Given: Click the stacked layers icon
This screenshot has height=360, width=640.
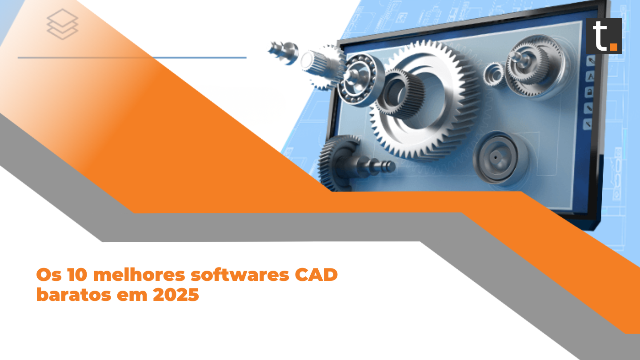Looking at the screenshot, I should pos(63,24).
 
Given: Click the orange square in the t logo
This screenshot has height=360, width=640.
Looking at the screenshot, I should pos(613,46).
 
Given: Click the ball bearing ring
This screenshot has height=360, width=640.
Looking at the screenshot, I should pos(360,80).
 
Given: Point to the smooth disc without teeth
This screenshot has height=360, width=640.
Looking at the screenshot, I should pos(496,158).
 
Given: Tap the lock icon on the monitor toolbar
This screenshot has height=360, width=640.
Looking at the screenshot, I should pos(590,92).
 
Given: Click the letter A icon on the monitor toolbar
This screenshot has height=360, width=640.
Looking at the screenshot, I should pos(591,76).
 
